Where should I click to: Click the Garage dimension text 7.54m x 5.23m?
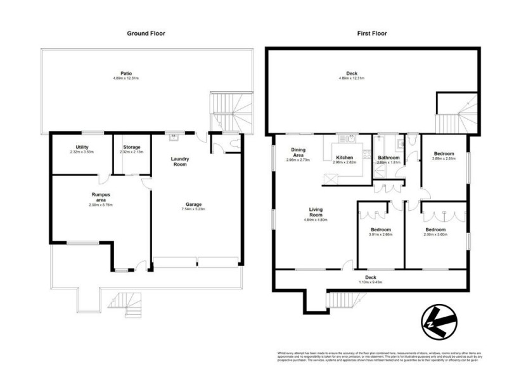point(193,210)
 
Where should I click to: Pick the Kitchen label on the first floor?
point(344,156)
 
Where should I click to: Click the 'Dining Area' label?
point(298,153)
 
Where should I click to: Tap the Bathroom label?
point(388,158)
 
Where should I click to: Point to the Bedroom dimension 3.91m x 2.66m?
point(380,234)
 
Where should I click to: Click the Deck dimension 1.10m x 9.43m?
point(371,282)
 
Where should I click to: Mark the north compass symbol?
point(439,322)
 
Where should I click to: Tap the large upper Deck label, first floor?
point(369,73)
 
